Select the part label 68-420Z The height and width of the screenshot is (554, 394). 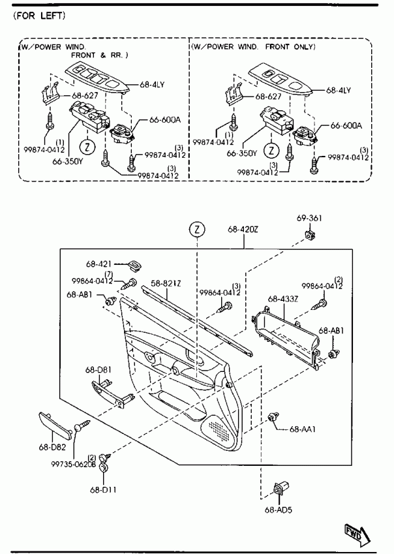(243, 229)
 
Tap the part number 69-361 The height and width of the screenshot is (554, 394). (309, 218)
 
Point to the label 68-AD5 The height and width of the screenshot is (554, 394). (279, 510)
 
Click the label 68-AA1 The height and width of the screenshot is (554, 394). (303, 429)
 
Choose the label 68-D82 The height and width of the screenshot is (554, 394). (52, 447)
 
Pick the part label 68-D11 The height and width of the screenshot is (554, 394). (103, 489)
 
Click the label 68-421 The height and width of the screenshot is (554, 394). (98, 264)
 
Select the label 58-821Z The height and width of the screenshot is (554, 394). (166, 283)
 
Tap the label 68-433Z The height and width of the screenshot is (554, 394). (283, 299)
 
